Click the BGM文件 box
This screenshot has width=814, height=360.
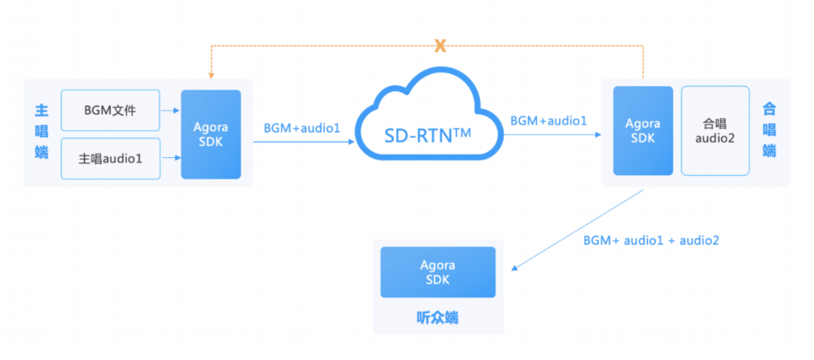coord(111,110)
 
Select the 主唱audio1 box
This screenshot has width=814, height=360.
coord(111,159)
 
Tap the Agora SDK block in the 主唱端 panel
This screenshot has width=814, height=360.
coord(211,134)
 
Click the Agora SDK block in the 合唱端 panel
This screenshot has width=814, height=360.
coord(643,131)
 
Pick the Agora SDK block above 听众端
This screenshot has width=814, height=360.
coord(438,272)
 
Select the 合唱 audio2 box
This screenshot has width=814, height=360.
coord(715,131)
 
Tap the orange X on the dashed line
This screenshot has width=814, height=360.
coord(440,46)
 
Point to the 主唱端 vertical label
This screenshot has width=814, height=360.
coord(41,132)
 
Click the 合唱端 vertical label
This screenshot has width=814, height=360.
coord(769,130)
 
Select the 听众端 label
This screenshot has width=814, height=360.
coord(438,318)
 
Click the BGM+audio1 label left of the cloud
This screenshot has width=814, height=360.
coord(302,128)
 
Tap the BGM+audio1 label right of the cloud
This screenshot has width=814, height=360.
coord(549,121)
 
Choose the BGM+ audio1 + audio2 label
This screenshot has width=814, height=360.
coord(651,240)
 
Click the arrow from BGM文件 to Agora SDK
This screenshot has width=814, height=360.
coord(170,110)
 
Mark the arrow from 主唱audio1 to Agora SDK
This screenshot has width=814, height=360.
coord(170,158)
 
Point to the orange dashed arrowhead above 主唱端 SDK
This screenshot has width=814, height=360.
coord(211,76)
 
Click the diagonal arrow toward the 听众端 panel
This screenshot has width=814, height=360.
coord(577,230)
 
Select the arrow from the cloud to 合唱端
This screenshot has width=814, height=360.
coord(553,134)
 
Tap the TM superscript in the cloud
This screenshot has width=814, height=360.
coord(462,133)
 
